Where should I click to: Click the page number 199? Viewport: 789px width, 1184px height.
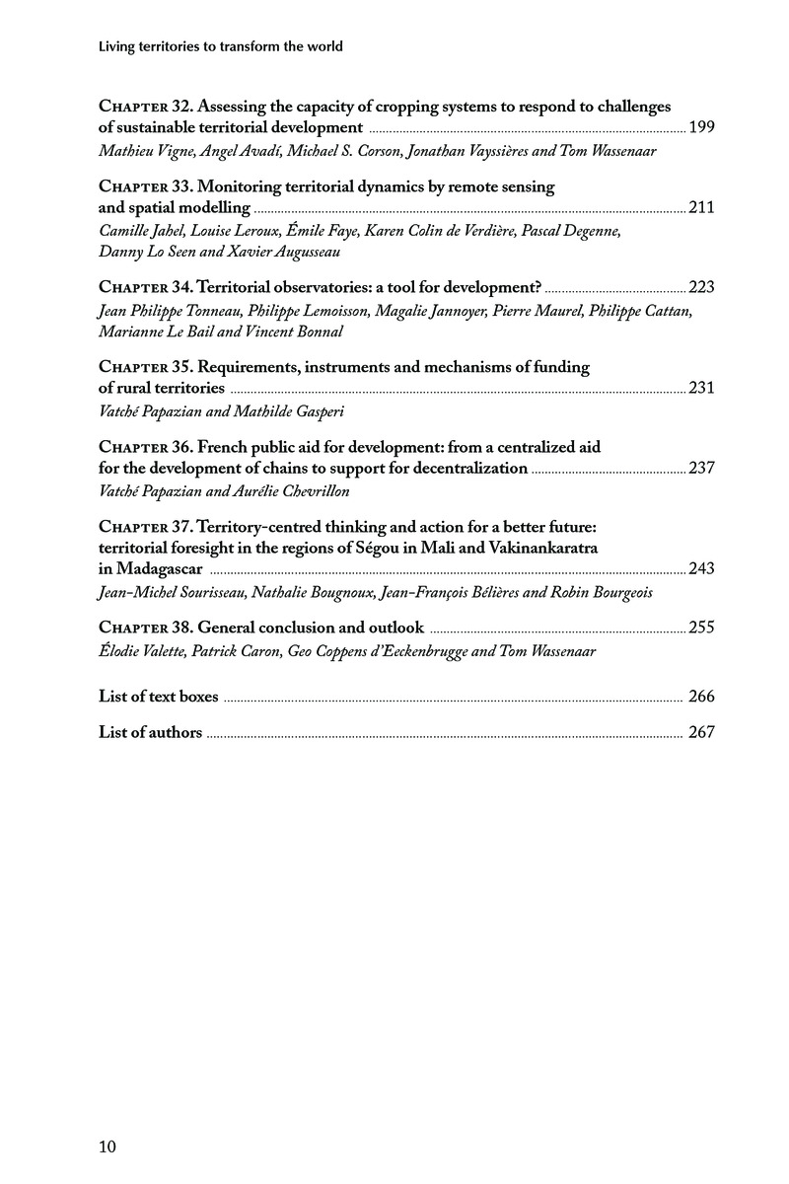[702, 127]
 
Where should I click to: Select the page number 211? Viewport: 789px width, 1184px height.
[702, 208]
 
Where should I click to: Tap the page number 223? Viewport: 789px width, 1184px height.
[702, 287]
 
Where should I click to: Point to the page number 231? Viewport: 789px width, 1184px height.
[702, 388]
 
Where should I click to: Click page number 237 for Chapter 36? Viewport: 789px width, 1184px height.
[702, 468]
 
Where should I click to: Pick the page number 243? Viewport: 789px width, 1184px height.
[702, 569]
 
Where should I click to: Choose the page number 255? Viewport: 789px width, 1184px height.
[702, 628]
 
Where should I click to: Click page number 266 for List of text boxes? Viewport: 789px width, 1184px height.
[701, 697]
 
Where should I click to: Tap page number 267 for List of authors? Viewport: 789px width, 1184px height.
[701, 732]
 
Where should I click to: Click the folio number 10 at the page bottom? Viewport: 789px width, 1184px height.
[108, 1147]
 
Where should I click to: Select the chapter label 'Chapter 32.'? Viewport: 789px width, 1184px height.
[143, 107]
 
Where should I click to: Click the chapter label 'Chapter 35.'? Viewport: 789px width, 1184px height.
[143, 367]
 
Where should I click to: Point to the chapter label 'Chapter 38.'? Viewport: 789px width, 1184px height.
[143, 628]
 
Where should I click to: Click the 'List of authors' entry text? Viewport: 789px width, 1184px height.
[151, 732]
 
